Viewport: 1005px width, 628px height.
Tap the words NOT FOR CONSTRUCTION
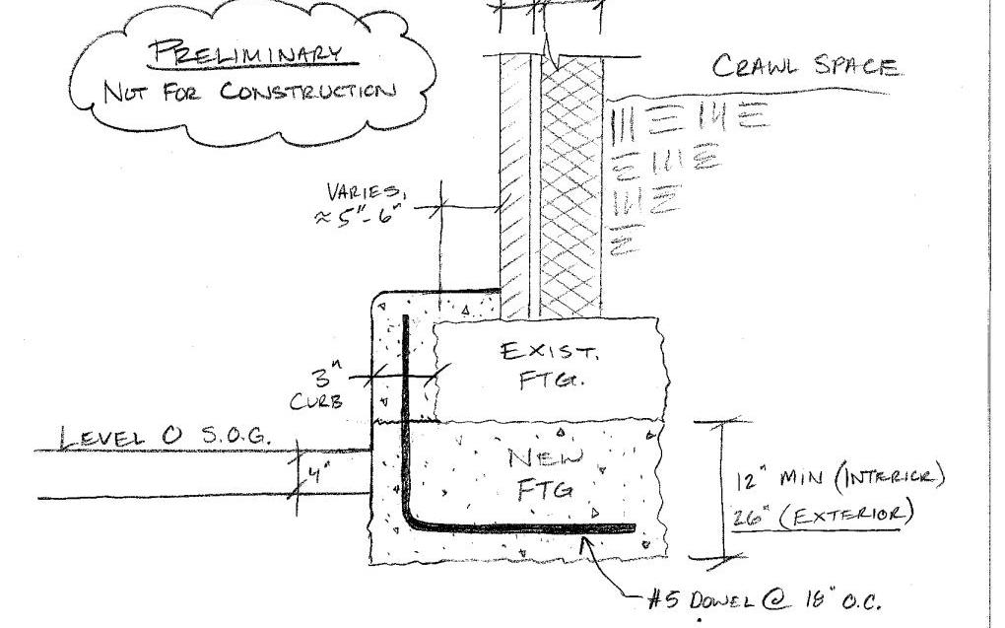pyautogui.click(x=248, y=92)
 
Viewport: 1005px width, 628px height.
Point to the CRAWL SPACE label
pyautogui.click(x=805, y=67)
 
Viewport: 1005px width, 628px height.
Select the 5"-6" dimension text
pyautogui.click(x=360, y=215)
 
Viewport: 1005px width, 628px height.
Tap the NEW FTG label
pyautogui.click(x=541, y=471)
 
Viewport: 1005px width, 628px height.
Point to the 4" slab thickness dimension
pyautogui.click(x=318, y=474)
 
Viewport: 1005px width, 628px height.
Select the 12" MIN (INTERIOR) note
pyautogui.click(x=839, y=479)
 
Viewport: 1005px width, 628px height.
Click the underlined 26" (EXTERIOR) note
pyautogui.click(x=824, y=515)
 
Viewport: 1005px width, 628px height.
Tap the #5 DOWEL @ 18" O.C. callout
pyautogui.click(x=770, y=599)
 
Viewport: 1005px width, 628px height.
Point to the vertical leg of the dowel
pyautogui.click(x=405, y=414)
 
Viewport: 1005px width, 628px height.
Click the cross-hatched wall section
pyautogui.click(x=571, y=187)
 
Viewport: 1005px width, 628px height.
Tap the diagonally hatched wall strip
pyautogui.click(x=514, y=187)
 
